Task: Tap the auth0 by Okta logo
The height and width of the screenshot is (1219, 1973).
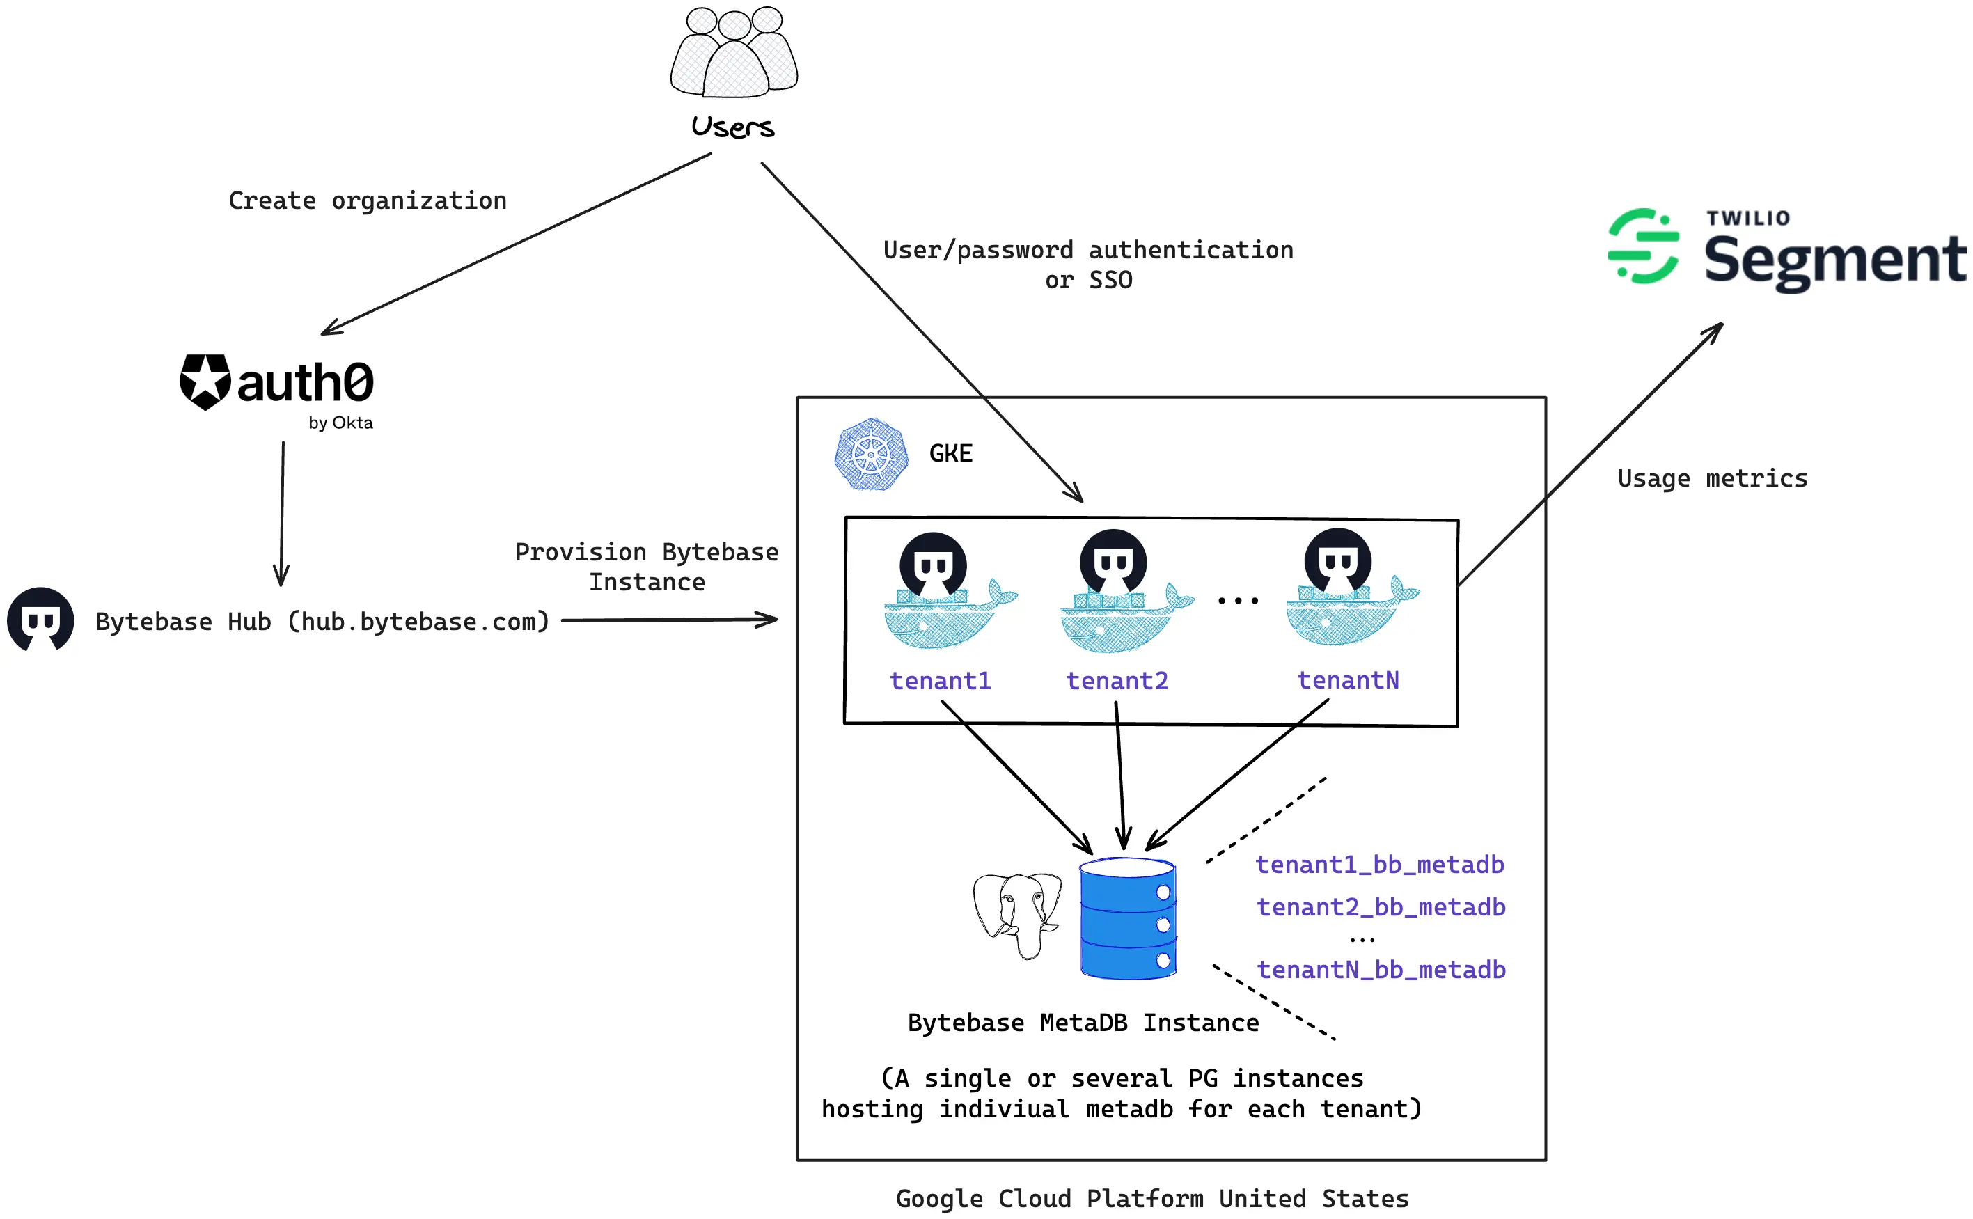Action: [276, 388]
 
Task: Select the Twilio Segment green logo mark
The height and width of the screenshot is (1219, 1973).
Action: [1642, 246]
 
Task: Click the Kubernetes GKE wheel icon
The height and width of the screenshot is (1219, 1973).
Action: [871, 454]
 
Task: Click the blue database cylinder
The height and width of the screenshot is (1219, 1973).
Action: [1127, 918]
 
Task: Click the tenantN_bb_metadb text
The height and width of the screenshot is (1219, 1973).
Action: [1381, 969]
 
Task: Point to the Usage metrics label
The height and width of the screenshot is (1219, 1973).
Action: [1712, 478]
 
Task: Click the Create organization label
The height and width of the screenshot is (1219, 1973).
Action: [368, 200]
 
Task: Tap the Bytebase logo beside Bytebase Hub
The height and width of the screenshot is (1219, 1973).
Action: [40, 619]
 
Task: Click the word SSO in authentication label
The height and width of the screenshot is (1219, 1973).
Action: [1110, 280]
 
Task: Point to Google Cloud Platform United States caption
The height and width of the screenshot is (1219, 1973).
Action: [1151, 1198]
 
